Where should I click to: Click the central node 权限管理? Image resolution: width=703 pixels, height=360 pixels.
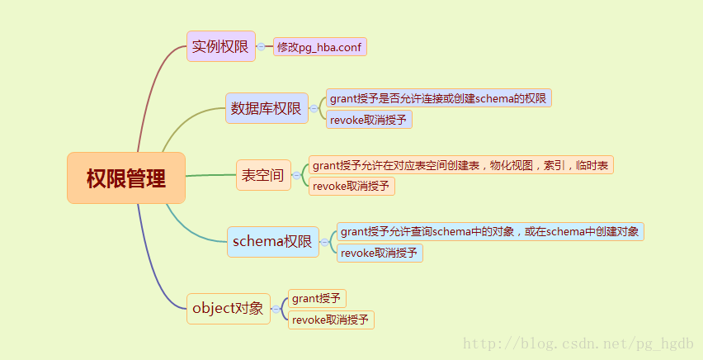(126, 178)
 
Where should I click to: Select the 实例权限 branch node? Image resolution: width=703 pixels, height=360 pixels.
(220, 46)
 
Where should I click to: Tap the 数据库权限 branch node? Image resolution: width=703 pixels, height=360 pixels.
(267, 108)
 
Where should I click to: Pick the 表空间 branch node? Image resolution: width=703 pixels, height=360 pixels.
(263, 175)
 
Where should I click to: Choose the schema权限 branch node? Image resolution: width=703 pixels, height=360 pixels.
(272, 242)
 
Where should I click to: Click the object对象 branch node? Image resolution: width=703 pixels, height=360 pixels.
(228, 309)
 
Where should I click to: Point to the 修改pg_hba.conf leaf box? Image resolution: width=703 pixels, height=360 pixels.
(319, 46)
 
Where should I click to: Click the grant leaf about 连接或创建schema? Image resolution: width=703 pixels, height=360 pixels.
(438, 98)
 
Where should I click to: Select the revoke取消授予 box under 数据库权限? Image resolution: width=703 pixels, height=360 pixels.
(369, 120)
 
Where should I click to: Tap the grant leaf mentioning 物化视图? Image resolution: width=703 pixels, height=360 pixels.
(461, 165)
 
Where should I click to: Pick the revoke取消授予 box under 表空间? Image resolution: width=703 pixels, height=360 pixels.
(351, 187)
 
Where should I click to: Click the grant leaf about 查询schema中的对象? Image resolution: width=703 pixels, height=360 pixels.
(490, 231)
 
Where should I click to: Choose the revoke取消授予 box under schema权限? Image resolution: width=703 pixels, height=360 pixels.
(380, 253)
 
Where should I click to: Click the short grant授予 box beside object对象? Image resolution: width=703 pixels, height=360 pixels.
(317, 299)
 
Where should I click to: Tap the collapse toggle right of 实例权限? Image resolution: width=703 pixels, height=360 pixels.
(262, 46)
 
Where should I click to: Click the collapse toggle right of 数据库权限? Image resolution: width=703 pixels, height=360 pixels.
(314, 108)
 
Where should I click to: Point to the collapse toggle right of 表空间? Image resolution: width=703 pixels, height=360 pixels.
(296, 175)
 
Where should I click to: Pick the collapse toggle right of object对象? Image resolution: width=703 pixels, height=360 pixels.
(276, 309)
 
